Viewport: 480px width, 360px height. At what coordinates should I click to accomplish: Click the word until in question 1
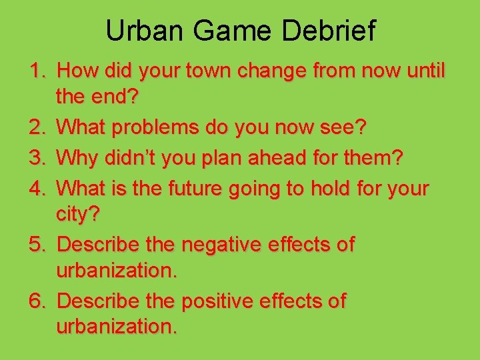pos(423,71)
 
